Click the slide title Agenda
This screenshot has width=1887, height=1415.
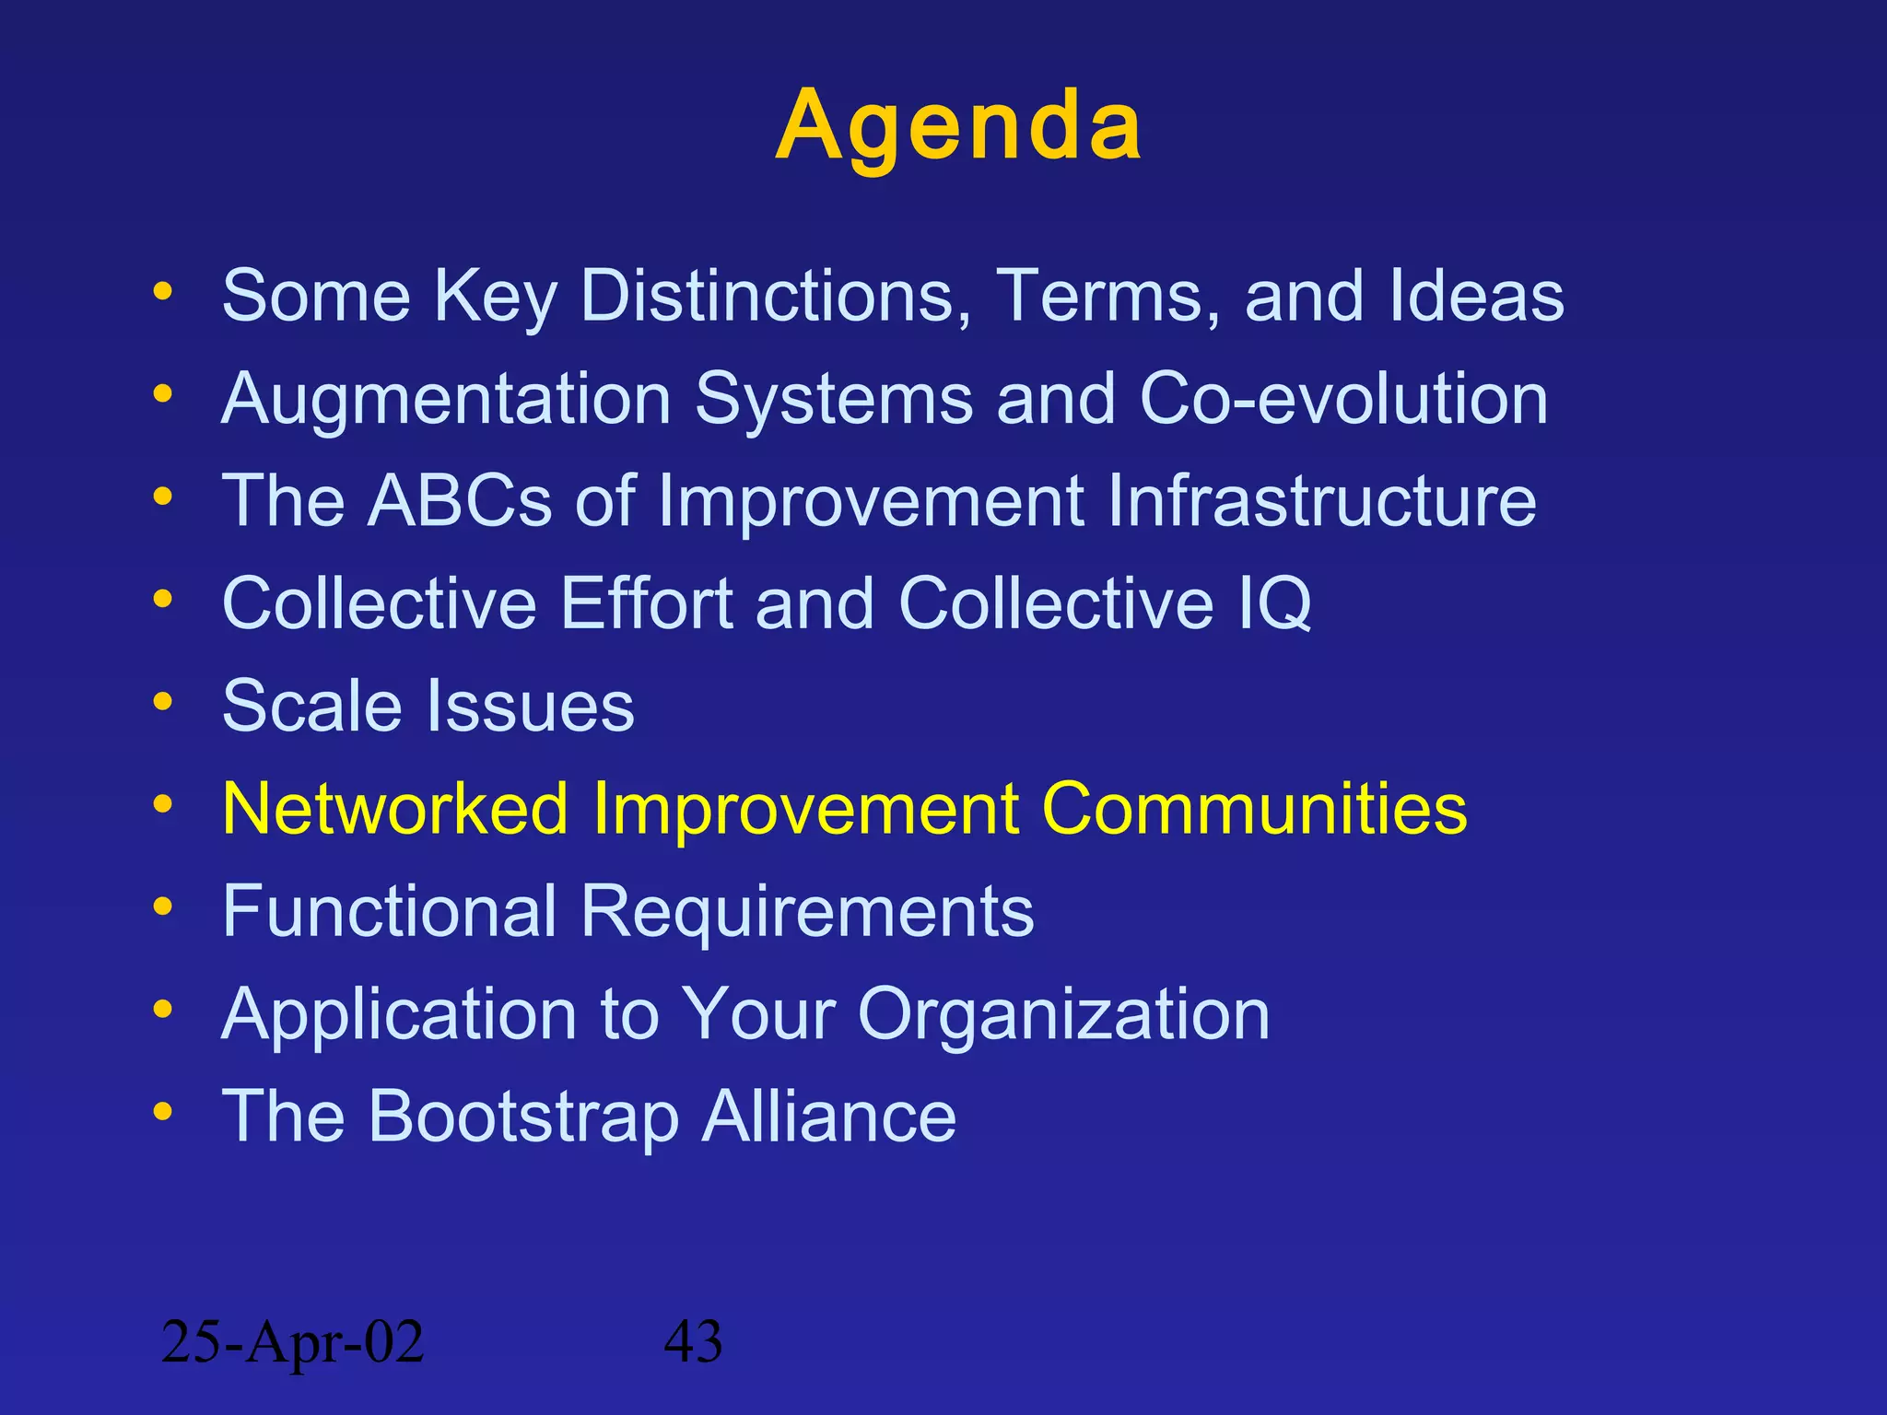(958, 126)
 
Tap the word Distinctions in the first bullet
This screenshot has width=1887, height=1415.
(776, 296)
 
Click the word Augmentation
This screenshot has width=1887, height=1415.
(447, 399)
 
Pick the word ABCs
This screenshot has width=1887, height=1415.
(460, 501)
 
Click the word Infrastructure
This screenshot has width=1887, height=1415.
(1321, 501)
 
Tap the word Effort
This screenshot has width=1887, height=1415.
(646, 603)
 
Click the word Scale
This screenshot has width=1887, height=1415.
(311, 706)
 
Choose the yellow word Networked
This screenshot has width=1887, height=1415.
(395, 809)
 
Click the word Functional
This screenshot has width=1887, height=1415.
(389, 911)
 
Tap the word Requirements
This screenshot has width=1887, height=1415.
(807, 911)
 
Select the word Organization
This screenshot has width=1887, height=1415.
(1063, 1014)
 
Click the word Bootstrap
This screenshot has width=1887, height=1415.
(523, 1117)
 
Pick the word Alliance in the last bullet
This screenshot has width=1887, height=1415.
(829, 1117)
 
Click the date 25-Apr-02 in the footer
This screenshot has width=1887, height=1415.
(292, 1342)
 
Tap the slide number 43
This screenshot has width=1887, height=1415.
(693, 1342)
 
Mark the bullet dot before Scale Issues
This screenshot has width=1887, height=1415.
(163, 702)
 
